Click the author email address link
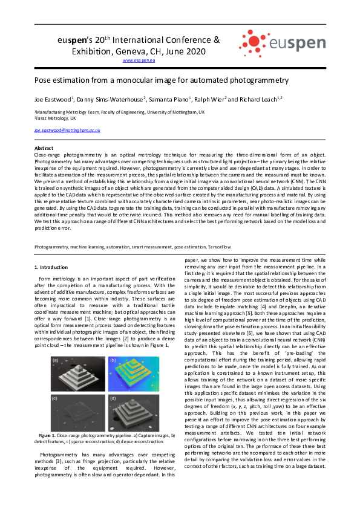tap(67, 130)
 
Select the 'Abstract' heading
tap(44, 148)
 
